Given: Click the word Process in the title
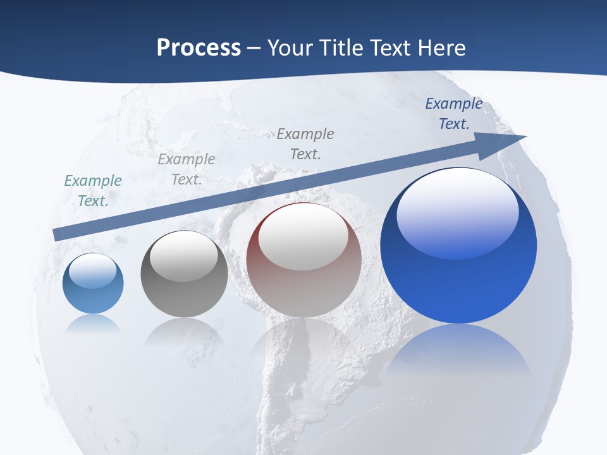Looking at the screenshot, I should click(x=199, y=48).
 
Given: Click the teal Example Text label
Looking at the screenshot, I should click(x=93, y=190).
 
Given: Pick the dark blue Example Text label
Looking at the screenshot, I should click(x=453, y=113).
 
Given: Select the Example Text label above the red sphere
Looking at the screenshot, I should click(x=305, y=143).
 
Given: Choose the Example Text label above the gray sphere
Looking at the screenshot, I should click(x=187, y=169).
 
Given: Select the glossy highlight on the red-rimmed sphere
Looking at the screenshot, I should click(x=303, y=237).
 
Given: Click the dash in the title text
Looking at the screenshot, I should click(x=254, y=48).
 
